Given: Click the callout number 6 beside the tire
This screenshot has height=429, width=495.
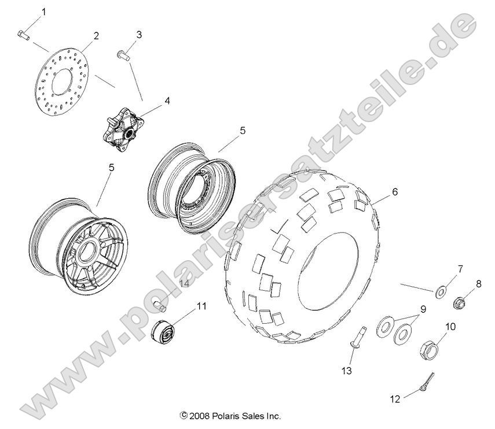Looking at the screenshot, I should click(x=394, y=193).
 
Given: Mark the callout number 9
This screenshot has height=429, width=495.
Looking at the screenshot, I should click(x=423, y=309).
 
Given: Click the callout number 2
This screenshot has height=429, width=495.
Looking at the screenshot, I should click(x=96, y=35).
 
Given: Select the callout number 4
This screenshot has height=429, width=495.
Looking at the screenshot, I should click(x=151, y=101).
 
